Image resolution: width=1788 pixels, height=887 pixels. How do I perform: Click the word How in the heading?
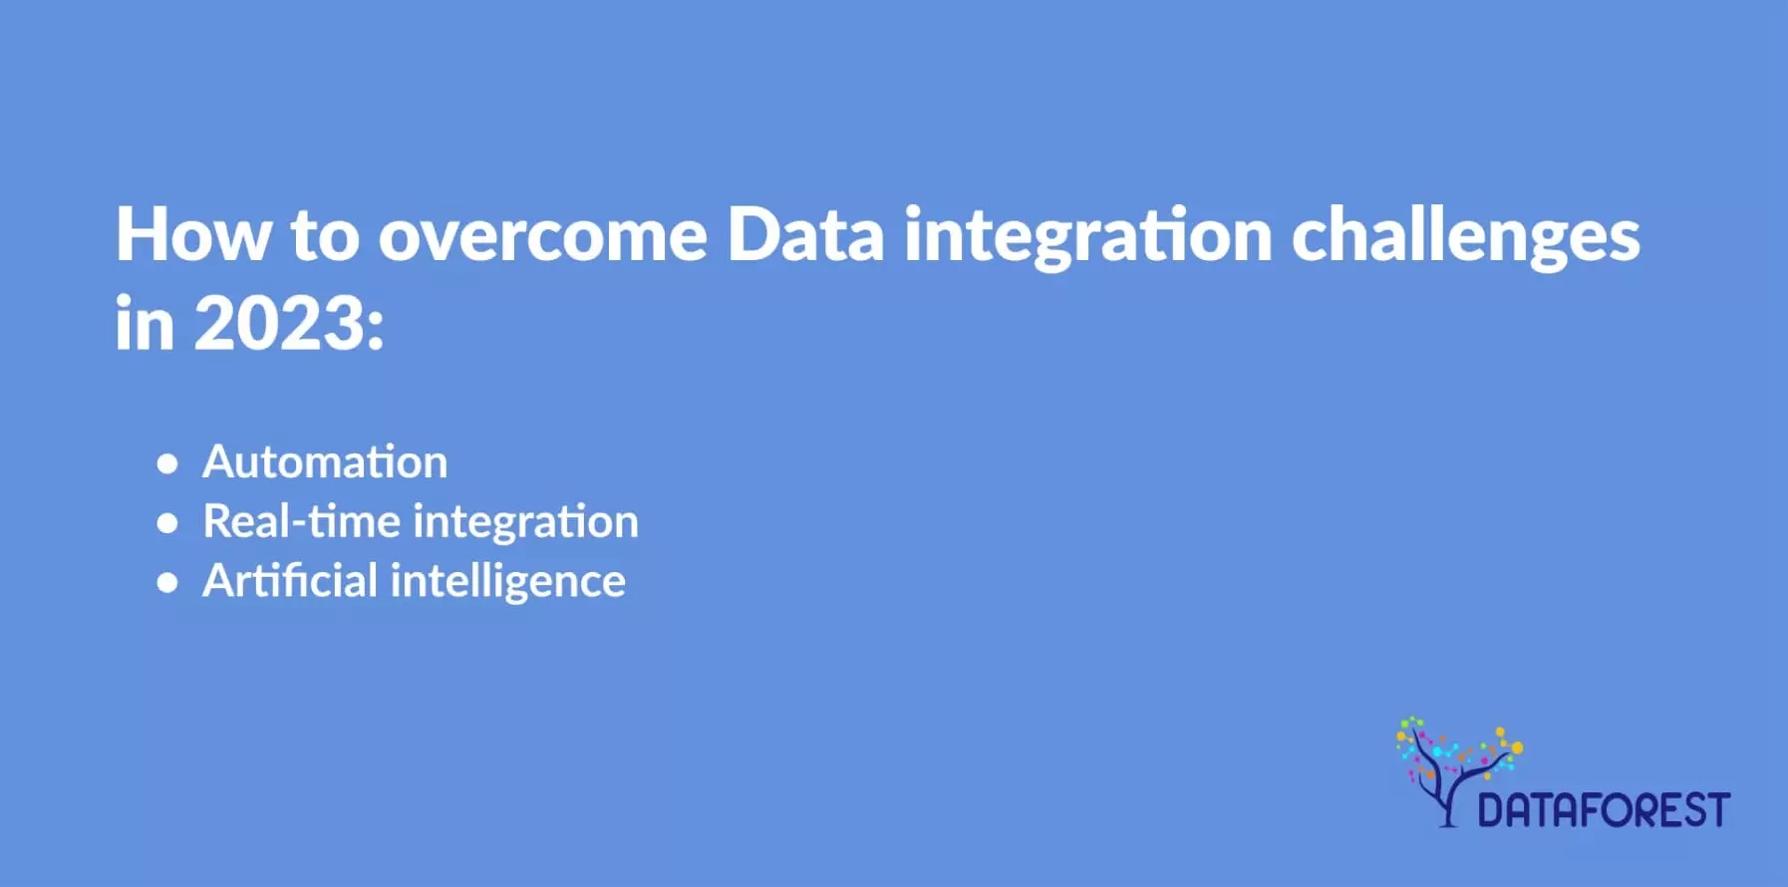192,234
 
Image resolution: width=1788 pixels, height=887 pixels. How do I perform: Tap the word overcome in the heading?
542,236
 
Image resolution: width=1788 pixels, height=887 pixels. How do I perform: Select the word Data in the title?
804,234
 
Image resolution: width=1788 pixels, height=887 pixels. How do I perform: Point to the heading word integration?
1087,236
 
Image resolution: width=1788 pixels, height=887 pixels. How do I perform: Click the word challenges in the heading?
1465,236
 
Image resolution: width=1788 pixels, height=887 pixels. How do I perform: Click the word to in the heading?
324,236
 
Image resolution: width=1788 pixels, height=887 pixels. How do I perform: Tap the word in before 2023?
145,324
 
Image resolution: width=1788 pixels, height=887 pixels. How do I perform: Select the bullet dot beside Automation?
167,463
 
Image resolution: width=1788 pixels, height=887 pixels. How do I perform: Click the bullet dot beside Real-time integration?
167,523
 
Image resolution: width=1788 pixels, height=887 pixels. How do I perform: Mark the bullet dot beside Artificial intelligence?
167,583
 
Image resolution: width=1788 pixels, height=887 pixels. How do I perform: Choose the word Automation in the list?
325,461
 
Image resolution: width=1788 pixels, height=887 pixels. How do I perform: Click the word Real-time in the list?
301,521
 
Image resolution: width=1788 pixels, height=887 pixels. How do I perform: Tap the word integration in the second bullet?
525,522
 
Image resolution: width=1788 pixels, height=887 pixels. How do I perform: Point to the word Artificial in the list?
289,580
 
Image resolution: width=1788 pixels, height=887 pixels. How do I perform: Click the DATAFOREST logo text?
1604,809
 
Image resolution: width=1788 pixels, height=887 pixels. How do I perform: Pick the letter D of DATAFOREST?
1490,809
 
